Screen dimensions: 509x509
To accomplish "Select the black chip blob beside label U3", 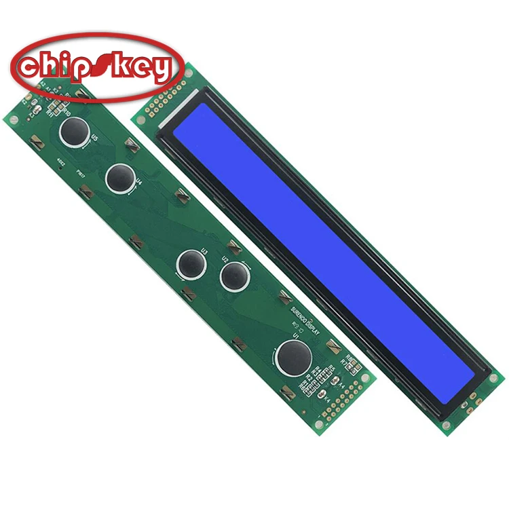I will (x=191, y=262).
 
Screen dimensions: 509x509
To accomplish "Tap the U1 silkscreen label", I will (x=296, y=334).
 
